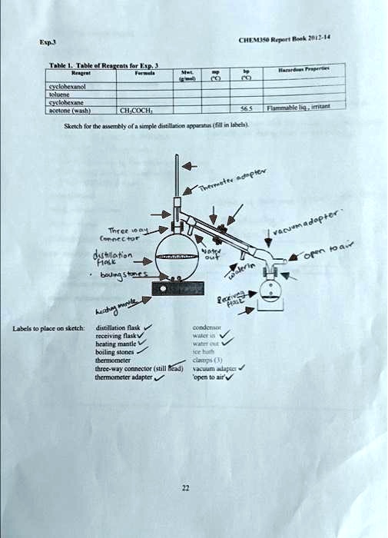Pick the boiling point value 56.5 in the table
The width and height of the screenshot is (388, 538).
(x=247, y=109)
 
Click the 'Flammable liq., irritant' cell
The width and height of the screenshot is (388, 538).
(x=303, y=108)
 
